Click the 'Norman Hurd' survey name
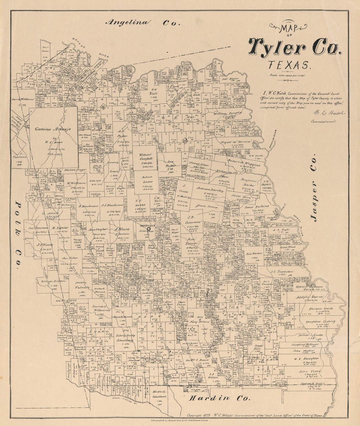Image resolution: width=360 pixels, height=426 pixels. click(320, 309)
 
